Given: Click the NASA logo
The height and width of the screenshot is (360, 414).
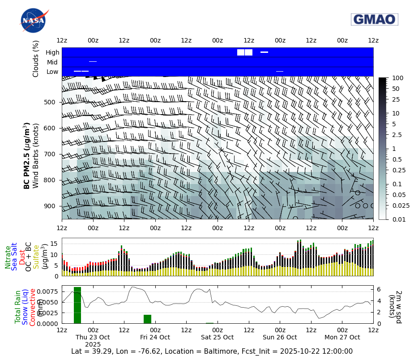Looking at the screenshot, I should [x=33, y=21].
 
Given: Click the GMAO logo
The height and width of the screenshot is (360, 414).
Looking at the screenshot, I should [x=374, y=19].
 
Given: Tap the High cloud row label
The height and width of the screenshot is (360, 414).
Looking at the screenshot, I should [x=52, y=52].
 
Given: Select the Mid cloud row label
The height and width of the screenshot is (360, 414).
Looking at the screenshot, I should [x=52, y=62].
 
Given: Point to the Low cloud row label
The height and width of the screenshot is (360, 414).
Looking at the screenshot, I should [x=52, y=72].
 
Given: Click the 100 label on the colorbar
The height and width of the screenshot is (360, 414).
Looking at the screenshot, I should [x=397, y=78].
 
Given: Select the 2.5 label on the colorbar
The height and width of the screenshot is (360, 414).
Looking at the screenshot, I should [x=397, y=135].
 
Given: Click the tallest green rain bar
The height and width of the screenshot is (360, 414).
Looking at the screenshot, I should [x=77, y=305].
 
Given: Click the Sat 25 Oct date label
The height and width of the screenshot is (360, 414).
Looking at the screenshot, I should [x=218, y=337].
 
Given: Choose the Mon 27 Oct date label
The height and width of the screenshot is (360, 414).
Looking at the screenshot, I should [x=342, y=337].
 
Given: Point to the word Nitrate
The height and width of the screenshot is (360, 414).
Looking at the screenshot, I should [x=8, y=257].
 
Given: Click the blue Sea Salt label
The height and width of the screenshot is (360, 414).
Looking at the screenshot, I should [x=15, y=257].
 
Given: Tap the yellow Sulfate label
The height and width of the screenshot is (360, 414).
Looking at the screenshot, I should [x=35, y=257].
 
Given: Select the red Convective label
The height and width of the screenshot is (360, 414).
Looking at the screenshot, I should [x=33, y=307].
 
